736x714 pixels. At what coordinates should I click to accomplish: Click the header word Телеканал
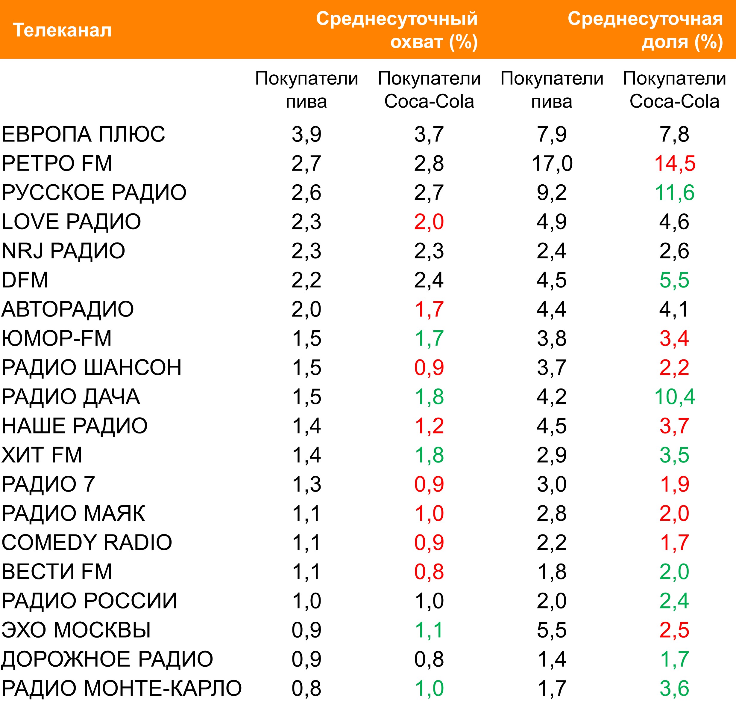pos(62,30)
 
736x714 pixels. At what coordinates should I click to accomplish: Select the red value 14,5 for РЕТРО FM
pos(674,164)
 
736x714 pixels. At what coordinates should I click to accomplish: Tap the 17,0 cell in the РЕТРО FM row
pos(552,164)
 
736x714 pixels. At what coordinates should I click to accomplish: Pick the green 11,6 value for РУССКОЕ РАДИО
pos(674,192)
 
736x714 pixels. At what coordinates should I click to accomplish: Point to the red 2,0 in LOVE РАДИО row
pos(429,222)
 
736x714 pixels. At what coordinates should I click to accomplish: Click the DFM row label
pos(25,280)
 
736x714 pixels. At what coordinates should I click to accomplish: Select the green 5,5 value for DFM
pos(674,280)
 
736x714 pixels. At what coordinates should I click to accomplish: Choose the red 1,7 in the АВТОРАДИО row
pos(429,309)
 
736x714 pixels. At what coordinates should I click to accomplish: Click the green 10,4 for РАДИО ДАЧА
pos(674,397)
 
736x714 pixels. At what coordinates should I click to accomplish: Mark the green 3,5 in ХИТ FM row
pos(674,455)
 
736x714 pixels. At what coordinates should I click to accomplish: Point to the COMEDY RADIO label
pos(87,542)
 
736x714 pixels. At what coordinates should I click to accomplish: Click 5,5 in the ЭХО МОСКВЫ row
pos(552,630)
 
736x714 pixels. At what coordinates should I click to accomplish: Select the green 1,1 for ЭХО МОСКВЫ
pos(429,630)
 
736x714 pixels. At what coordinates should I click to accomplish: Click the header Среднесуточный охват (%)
pos(397,30)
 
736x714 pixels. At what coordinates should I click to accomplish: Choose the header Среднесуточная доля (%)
pos(645,30)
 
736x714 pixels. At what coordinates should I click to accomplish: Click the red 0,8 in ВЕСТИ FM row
pos(429,572)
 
